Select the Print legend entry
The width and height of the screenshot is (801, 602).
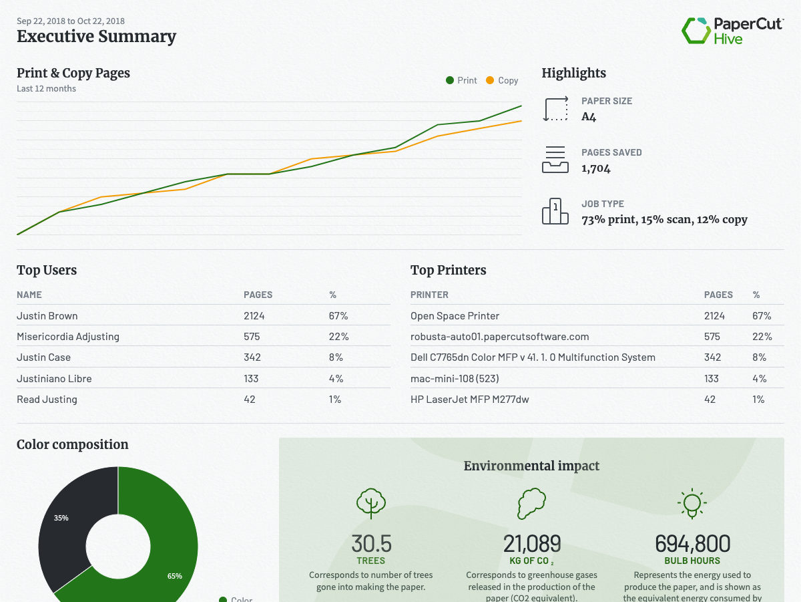(461, 80)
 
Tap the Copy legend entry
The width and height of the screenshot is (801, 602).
(501, 80)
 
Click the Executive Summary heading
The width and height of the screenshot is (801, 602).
(96, 36)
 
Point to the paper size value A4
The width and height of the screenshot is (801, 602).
(589, 117)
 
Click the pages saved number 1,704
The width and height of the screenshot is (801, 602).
(596, 168)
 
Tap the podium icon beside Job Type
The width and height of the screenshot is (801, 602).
(555, 211)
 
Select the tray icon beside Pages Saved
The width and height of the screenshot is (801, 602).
(555, 160)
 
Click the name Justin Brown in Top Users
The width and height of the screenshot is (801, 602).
(47, 315)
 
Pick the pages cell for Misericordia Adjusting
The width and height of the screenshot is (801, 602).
(252, 337)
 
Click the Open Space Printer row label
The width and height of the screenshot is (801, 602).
(455, 315)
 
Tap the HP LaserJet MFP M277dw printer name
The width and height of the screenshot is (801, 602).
(470, 400)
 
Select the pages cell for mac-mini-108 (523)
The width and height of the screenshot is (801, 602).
(712, 379)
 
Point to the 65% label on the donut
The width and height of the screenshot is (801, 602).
(175, 576)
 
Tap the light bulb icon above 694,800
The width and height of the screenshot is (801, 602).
(692, 503)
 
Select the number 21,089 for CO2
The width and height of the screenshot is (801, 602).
(532, 543)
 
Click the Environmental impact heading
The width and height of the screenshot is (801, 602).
(531, 466)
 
